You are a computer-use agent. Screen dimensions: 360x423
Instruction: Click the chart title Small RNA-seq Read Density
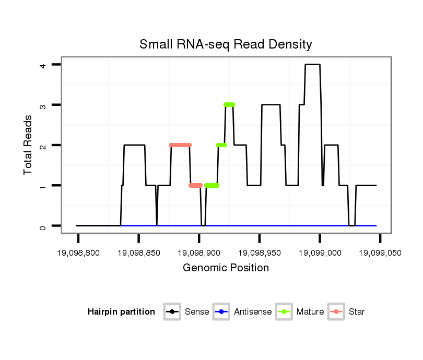pos(226,44)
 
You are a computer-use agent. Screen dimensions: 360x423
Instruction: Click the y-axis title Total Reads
pos(29,145)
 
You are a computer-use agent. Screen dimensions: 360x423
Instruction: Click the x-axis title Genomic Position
pos(226,268)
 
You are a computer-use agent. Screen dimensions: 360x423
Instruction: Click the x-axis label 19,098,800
pos(78,253)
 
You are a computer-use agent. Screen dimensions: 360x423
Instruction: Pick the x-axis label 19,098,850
pos(138,253)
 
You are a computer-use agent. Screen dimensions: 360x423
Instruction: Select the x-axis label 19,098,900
pos(199,253)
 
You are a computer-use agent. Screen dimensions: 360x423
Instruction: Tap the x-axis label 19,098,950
pos(260,253)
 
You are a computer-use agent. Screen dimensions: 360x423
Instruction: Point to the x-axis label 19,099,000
pos(320,253)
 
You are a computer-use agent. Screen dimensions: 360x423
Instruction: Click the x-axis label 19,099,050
pos(380,253)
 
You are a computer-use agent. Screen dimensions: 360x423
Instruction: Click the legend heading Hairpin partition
pos(121,312)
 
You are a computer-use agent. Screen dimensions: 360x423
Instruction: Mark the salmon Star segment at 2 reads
pos(180,145)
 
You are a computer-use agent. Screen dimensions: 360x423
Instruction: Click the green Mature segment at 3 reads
pos(229,105)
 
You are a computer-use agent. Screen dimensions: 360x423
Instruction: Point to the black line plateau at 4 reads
pos(312,65)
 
